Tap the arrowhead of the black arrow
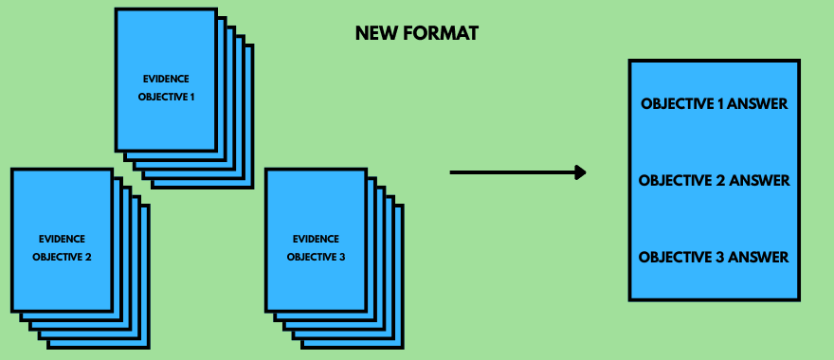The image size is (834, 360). coord(580,172)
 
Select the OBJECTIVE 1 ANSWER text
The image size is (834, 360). coord(714,103)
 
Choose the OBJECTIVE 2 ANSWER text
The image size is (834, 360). coord(714,180)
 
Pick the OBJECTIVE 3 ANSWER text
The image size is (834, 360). coord(714,257)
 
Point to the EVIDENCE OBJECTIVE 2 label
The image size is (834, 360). coord(62,247)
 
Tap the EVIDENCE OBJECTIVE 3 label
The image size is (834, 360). coord(317,247)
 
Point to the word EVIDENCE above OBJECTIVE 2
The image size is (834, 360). coord(62,239)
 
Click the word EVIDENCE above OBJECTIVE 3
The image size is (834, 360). coord(317,239)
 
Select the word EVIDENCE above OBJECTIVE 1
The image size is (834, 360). coord(166,80)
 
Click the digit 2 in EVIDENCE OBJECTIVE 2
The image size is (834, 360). coord(88,257)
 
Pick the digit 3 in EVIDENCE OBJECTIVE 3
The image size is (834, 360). coord(344,257)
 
